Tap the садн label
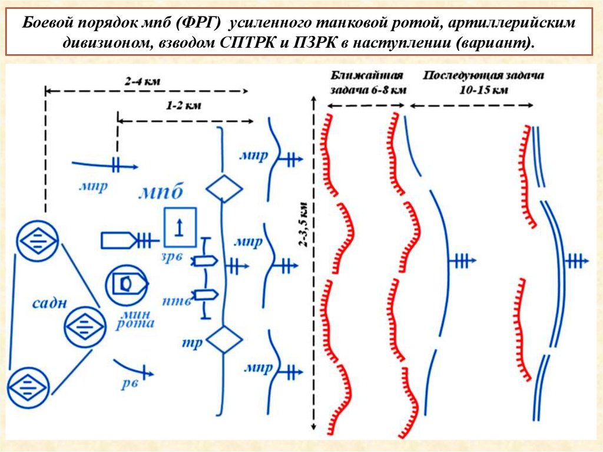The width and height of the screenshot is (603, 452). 49,304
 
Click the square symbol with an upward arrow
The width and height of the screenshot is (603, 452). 180,227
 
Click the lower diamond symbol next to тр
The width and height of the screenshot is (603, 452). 224,339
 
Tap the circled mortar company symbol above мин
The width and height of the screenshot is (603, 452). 125,285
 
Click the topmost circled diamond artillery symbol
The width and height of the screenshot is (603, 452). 37,240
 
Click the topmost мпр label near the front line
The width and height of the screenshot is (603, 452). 254,156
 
